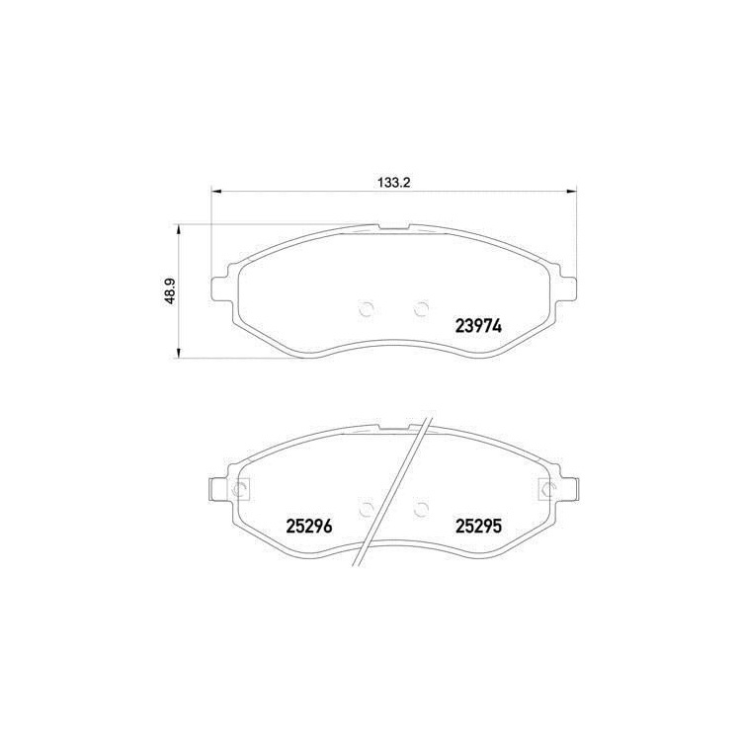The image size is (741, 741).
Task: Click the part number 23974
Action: tap(478, 326)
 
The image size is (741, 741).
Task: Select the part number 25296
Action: tap(309, 526)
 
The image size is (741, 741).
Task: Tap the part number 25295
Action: tap(478, 526)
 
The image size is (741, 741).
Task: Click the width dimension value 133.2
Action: tap(393, 183)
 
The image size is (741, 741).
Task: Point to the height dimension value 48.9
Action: tap(171, 291)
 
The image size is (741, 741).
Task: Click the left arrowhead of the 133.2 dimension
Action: tap(215, 191)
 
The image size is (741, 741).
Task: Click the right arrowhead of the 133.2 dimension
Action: tap(572, 191)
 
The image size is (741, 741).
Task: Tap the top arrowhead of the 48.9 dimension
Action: tap(178, 229)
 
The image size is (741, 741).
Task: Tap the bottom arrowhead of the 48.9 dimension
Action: tap(178, 353)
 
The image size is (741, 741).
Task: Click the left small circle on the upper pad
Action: tap(367, 309)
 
